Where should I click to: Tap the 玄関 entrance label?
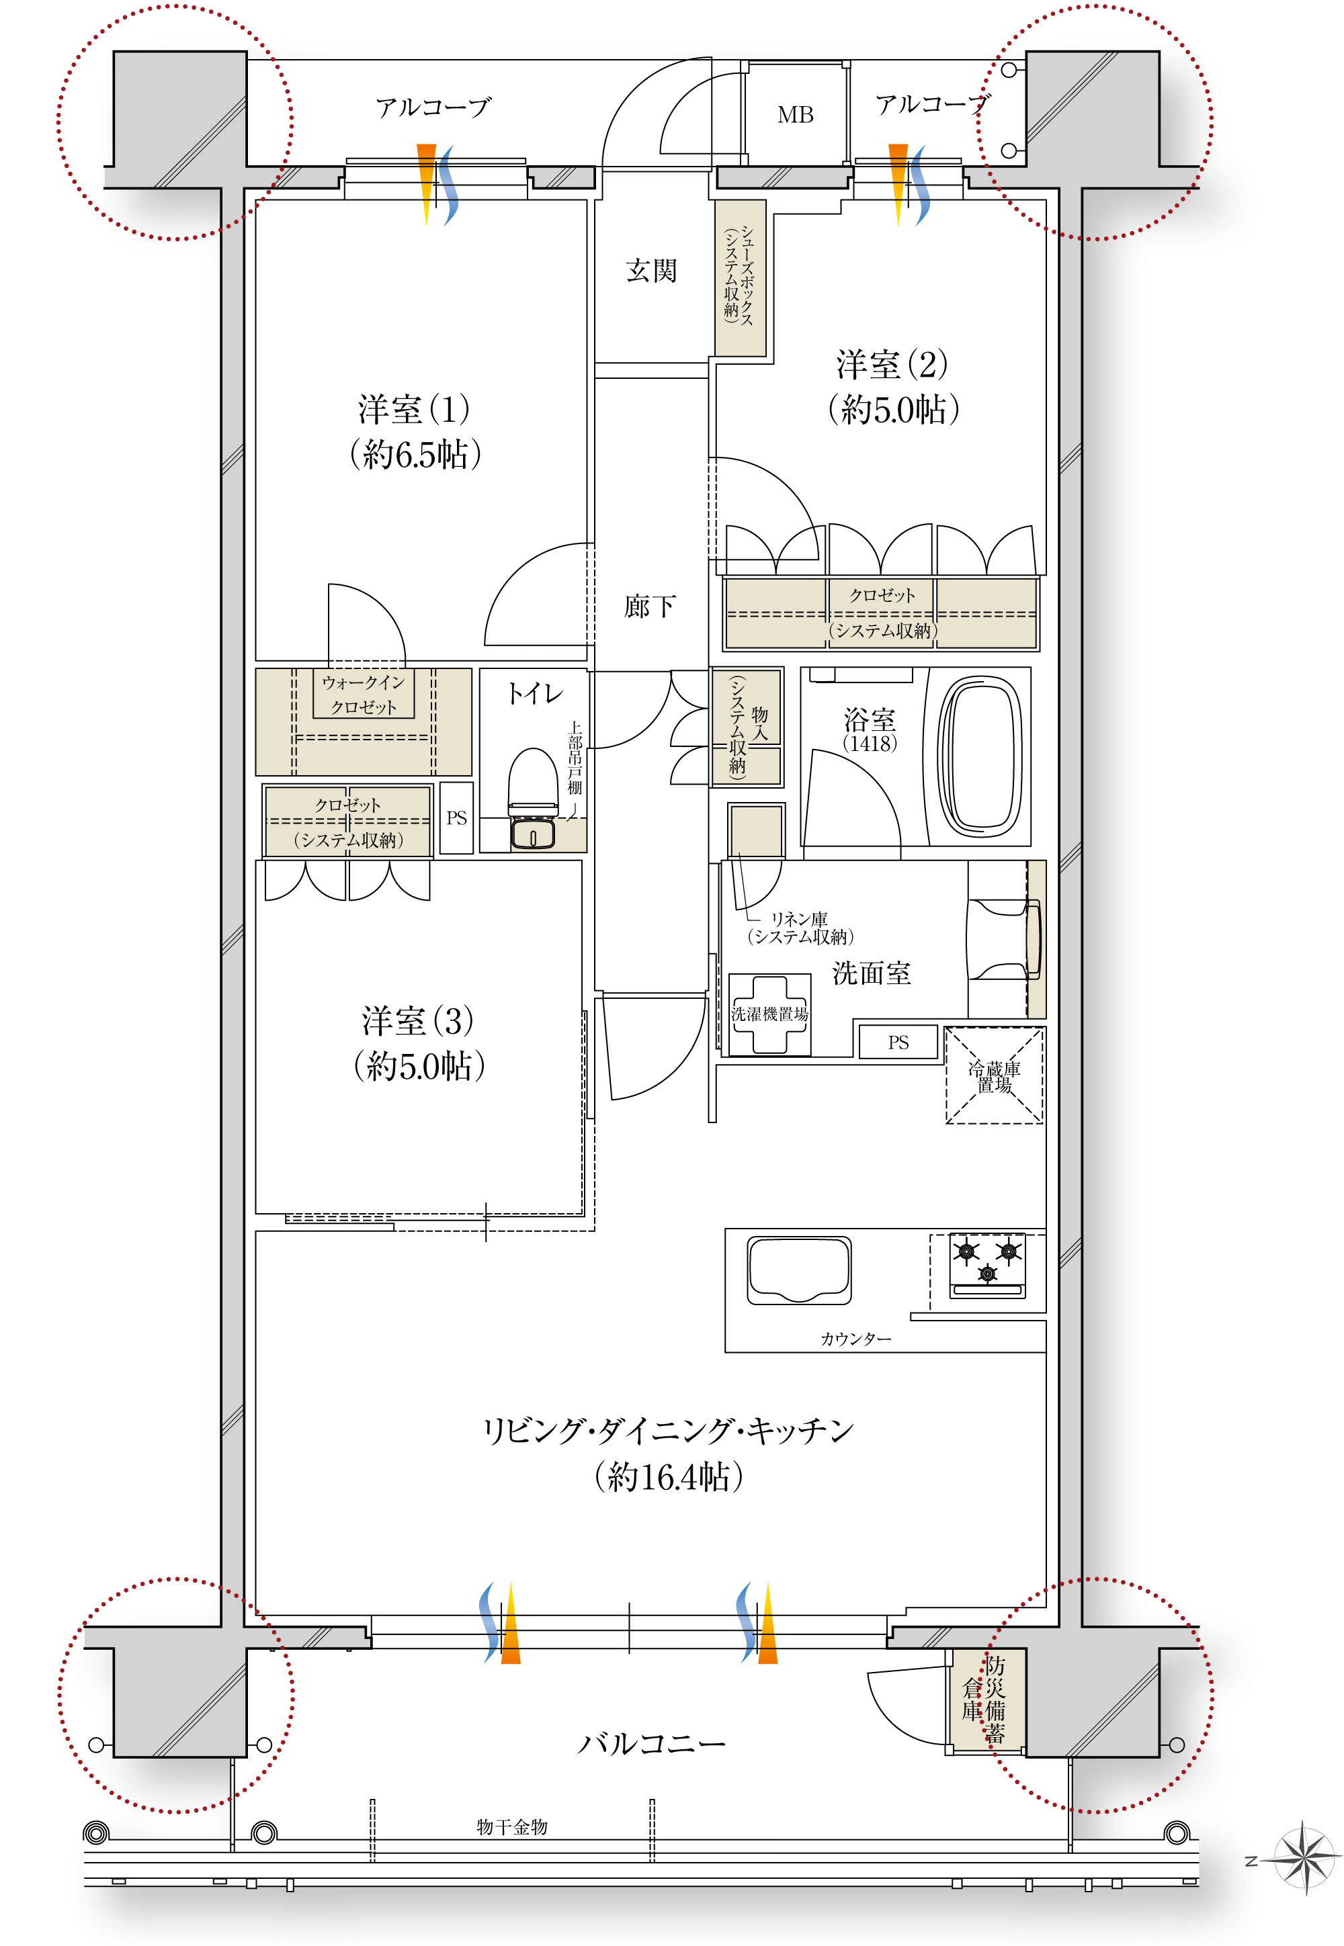(x=651, y=270)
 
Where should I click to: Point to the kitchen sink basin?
(x=799, y=1270)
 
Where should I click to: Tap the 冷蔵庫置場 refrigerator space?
(x=995, y=1075)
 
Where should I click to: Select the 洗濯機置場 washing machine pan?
(x=769, y=1014)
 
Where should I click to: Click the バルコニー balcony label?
(x=651, y=1743)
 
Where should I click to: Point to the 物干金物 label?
(x=512, y=1826)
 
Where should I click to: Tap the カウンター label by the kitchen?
(x=855, y=1338)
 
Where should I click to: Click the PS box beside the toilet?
(x=456, y=818)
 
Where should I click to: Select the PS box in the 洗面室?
(x=898, y=1042)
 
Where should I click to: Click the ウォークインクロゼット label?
(x=363, y=695)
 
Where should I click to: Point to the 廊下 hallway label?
(x=649, y=606)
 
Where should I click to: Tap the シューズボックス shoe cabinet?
(x=741, y=277)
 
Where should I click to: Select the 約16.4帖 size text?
(x=669, y=1477)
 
